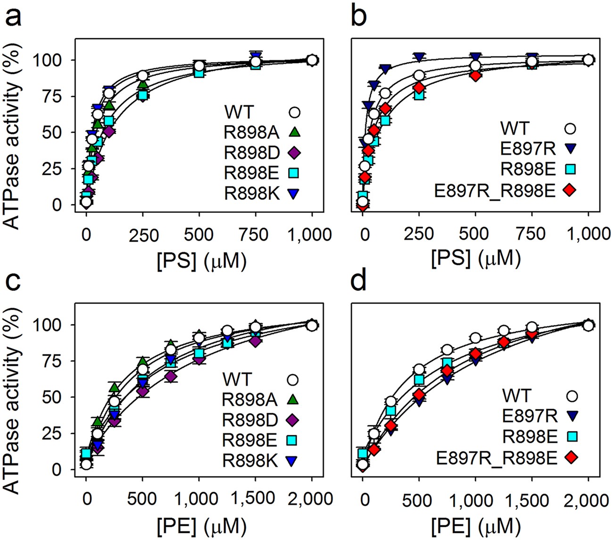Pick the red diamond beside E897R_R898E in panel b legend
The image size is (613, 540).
[570, 190]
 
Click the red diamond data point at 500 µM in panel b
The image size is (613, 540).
[475, 76]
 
